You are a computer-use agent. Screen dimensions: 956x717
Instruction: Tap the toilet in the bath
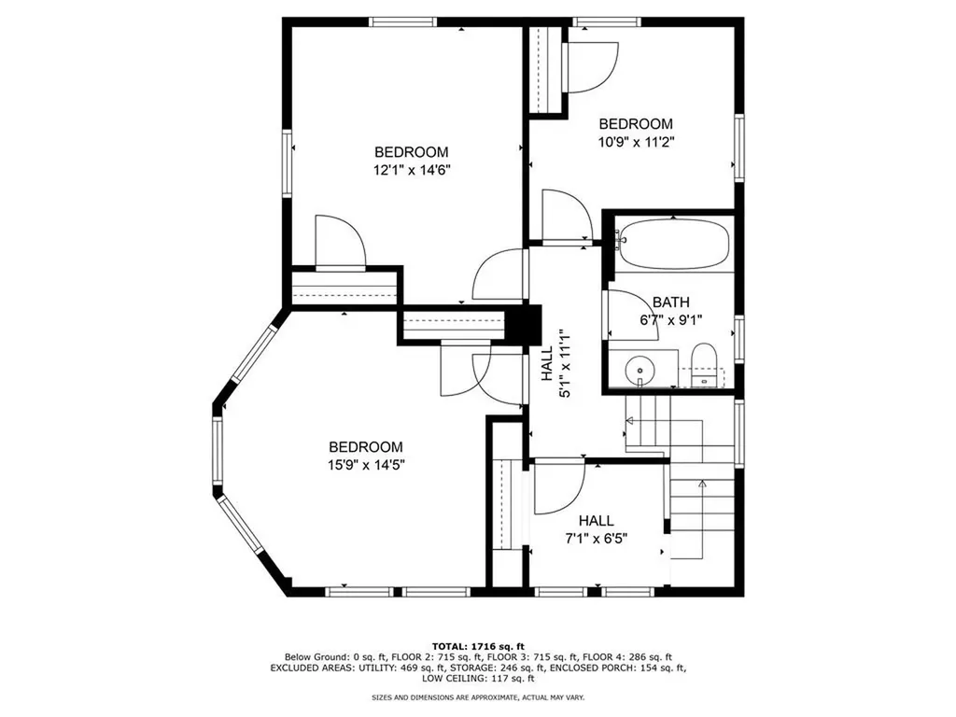[706, 365]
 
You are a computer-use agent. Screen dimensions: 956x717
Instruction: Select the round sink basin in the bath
[639, 370]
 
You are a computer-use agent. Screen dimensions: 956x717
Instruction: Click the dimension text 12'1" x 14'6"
[412, 170]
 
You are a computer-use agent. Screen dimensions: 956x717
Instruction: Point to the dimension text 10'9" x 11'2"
[636, 142]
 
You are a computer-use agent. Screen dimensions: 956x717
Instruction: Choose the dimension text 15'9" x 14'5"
[366, 465]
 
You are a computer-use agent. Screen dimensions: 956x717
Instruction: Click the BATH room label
[671, 302]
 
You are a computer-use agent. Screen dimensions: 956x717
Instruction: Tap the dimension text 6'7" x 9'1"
[671, 319]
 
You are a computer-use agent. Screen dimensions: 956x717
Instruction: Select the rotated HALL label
[547, 364]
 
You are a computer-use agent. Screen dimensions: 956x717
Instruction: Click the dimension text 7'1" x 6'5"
[597, 539]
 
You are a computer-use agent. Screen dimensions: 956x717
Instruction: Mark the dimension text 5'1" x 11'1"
[565, 364]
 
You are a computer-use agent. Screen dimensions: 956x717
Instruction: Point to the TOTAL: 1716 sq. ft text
[478, 646]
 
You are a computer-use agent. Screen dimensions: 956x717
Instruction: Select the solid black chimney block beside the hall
[525, 323]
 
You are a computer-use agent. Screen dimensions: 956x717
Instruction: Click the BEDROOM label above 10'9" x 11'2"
[636, 124]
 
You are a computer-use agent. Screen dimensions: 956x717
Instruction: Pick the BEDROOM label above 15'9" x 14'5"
[366, 447]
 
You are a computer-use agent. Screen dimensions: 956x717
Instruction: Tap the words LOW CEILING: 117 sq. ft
[478, 678]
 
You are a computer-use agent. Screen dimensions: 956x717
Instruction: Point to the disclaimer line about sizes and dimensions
[478, 696]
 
